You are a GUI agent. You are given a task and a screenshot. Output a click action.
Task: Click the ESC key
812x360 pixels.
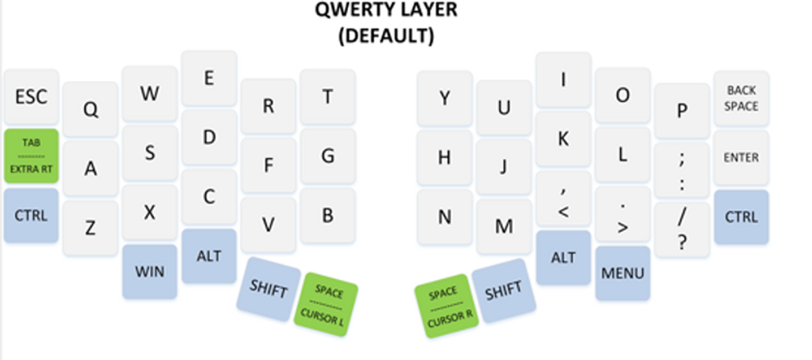click(31, 97)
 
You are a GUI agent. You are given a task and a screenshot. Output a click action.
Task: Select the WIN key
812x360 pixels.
click(150, 272)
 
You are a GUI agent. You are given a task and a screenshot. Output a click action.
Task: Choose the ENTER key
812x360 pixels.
click(741, 157)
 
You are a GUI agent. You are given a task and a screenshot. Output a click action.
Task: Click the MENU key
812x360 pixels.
click(623, 272)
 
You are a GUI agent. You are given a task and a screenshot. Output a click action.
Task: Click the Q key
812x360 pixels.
click(90, 108)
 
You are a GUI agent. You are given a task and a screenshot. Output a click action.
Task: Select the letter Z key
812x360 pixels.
click(90, 227)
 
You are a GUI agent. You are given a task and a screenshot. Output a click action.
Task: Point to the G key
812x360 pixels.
click(328, 155)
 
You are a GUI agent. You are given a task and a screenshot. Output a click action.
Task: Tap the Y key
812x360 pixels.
click(445, 97)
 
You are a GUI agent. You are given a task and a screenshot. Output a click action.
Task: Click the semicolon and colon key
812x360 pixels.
click(682, 167)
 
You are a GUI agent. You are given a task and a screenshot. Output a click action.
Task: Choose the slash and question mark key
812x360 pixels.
click(682, 228)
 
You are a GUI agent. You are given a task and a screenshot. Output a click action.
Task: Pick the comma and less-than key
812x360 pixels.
click(563, 199)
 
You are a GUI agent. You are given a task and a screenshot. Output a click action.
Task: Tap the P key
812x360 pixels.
click(682, 111)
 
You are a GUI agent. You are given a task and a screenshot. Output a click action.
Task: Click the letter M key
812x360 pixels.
click(504, 226)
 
